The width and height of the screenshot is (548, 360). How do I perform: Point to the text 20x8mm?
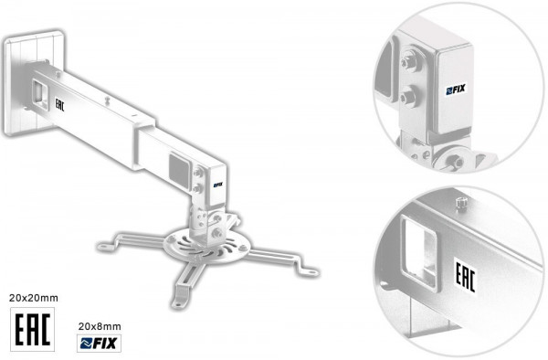coord(100,325)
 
